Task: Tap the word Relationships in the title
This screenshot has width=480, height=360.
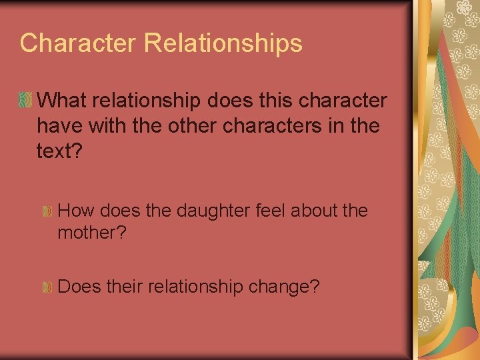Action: click(x=223, y=43)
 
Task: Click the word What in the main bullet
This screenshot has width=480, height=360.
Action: click(x=65, y=101)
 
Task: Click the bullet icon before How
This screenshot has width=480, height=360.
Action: click(x=48, y=211)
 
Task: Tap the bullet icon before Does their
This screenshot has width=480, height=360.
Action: click(x=48, y=287)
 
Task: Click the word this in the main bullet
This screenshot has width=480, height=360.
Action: click(x=265, y=101)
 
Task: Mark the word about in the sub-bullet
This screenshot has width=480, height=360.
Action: click(x=315, y=211)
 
